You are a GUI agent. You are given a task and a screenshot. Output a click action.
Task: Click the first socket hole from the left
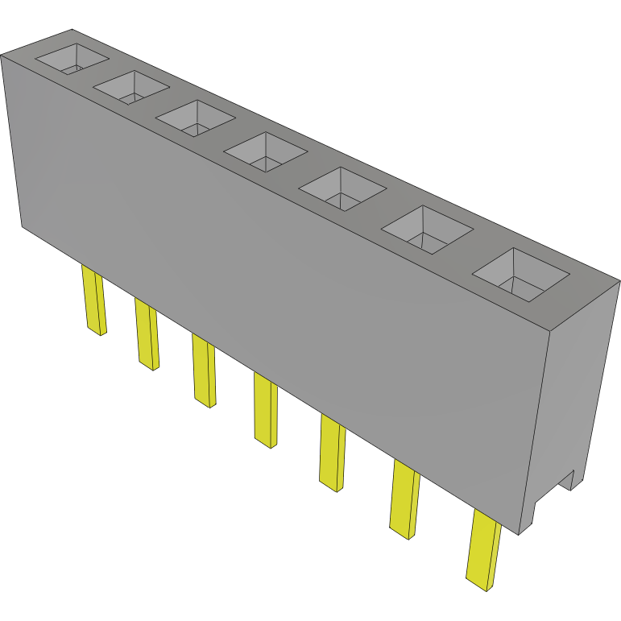point(72,58)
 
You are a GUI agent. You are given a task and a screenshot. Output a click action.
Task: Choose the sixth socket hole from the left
point(426,232)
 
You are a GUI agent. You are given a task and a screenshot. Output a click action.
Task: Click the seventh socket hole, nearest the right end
point(521,274)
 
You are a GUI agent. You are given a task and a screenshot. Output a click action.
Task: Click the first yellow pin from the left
point(93,301)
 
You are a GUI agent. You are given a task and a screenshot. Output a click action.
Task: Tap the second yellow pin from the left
point(147,334)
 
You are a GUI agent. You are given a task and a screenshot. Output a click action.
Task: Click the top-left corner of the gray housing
point(2,56)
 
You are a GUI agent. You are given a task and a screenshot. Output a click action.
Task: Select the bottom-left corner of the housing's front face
point(22,226)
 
